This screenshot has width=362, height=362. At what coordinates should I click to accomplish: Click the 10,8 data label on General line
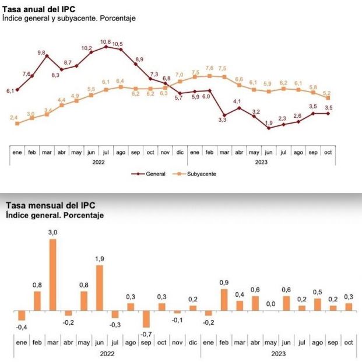tap(106, 41)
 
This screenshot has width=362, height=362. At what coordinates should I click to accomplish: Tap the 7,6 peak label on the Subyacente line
tap(209, 68)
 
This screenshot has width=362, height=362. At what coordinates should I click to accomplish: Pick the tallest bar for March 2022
tap(52, 275)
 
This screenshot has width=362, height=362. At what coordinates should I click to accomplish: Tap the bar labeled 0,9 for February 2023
tap(224, 300)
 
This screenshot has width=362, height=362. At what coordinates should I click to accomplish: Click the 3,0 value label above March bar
tap(52, 233)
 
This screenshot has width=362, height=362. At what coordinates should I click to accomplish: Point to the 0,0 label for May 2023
tap(271, 303)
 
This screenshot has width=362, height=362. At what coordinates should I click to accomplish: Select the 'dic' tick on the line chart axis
tap(180, 152)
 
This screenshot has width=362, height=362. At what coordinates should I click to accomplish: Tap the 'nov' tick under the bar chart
tap(177, 342)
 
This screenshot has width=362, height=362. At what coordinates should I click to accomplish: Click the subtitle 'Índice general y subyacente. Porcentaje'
tap(69, 19)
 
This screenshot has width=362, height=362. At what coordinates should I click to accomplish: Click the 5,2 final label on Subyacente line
tap(327, 93)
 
